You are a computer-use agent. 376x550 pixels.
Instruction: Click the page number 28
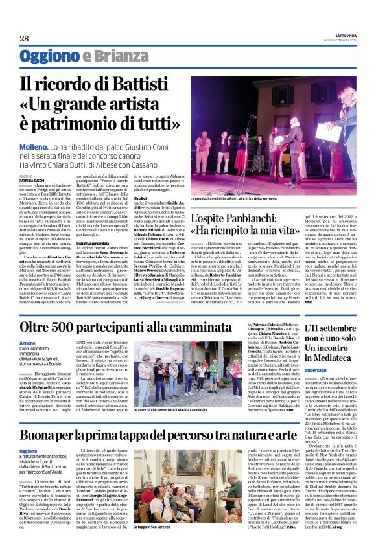[x=24, y=39]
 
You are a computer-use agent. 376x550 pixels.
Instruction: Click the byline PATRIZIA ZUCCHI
[x=30, y=179]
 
